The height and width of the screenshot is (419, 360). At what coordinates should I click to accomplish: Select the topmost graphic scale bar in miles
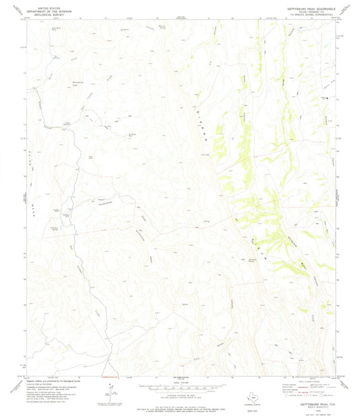[x=180, y=387]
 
